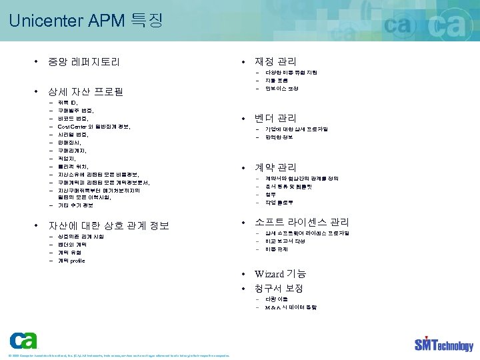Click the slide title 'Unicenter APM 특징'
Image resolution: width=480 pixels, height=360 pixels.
point(86,21)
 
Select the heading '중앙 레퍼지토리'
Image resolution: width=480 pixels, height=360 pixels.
point(83,63)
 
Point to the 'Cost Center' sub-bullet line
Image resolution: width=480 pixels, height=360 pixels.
point(94,126)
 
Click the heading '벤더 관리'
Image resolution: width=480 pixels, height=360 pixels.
point(275,118)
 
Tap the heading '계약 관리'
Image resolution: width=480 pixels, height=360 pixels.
point(275,167)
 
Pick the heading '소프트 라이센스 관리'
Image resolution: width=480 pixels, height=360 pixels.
point(301,222)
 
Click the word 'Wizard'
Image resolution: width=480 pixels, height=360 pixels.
point(269,274)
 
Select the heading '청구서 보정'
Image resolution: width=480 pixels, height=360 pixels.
point(279,289)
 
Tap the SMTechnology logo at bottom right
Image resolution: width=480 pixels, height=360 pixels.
point(443,344)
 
